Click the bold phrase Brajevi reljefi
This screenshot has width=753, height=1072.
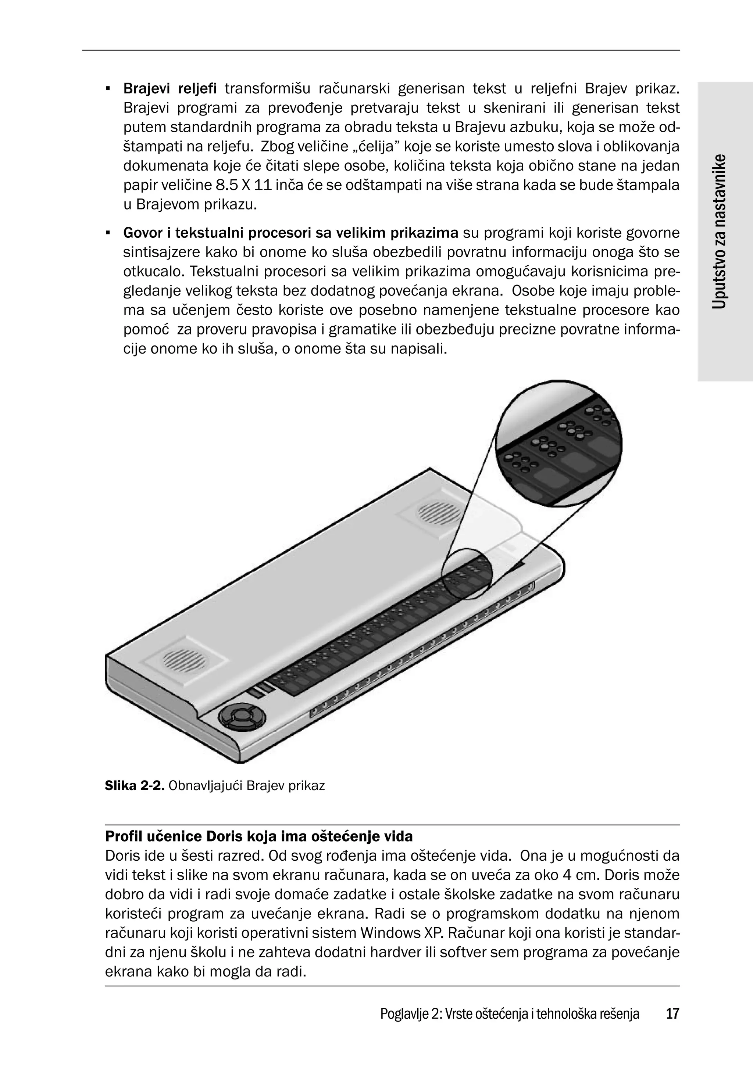[x=169, y=88]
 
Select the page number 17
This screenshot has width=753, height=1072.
[x=672, y=1013]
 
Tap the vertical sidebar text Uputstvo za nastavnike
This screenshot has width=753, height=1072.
[x=720, y=231]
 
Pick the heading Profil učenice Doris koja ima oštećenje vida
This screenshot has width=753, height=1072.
[x=259, y=836]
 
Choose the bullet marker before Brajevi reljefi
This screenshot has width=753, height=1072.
[x=108, y=88]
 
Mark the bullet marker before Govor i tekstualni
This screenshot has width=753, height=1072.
[x=108, y=233]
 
